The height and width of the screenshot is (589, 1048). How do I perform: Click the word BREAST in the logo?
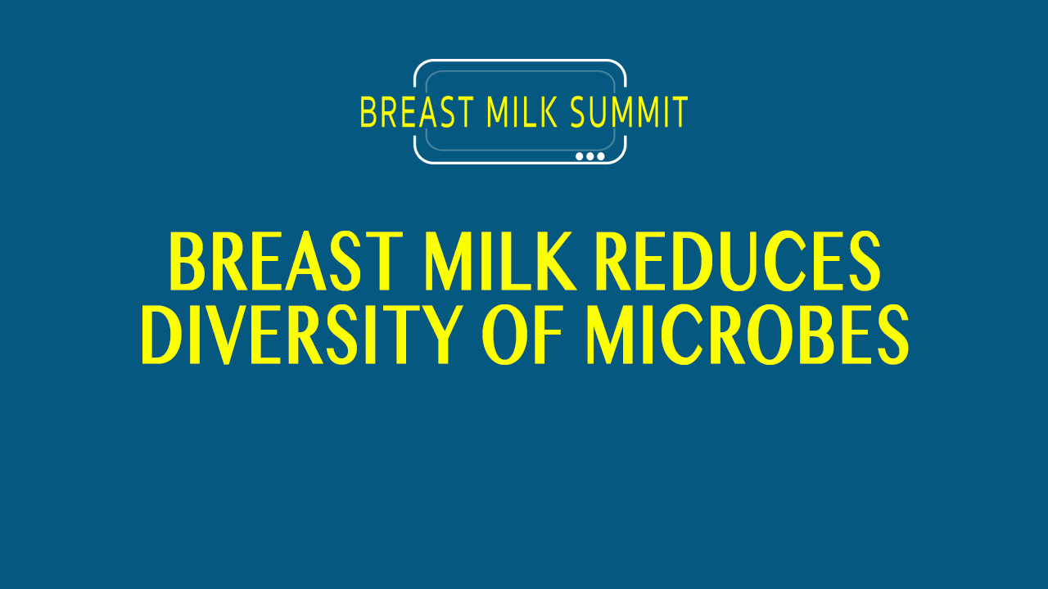click(x=417, y=112)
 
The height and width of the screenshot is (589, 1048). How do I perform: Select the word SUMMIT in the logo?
click(x=629, y=112)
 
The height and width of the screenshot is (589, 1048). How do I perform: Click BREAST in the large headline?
click(x=286, y=261)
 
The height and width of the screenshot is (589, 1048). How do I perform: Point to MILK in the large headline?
click(x=499, y=261)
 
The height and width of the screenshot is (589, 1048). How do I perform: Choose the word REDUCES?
click(x=738, y=261)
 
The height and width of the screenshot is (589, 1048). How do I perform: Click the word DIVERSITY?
click(x=302, y=335)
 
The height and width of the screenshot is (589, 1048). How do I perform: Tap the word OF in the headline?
click(x=522, y=335)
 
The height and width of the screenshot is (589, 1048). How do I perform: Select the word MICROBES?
click(x=748, y=335)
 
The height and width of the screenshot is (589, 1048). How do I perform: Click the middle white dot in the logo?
click(x=590, y=156)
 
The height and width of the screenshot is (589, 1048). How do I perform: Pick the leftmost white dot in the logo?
click(x=579, y=156)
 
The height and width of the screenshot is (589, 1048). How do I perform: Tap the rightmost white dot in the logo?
click(x=601, y=156)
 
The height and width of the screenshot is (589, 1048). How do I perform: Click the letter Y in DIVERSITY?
click(x=437, y=335)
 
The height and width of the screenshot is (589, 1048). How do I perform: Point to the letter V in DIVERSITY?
click(x=226, y=335)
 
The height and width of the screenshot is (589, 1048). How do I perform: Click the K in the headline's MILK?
click(x=553, y=261)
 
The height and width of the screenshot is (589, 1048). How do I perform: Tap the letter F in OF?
click(x=549, y=335)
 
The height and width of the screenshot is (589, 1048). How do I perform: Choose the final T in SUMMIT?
click(x=680, y=112)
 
